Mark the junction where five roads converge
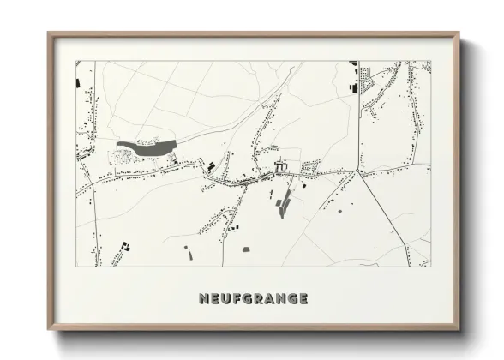pos(359,172)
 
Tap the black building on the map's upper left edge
pos(79,85)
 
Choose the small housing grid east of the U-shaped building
pos(312,165)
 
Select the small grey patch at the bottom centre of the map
pos(246,249)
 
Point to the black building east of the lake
pos(209,161)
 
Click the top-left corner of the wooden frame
pos(48,33)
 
